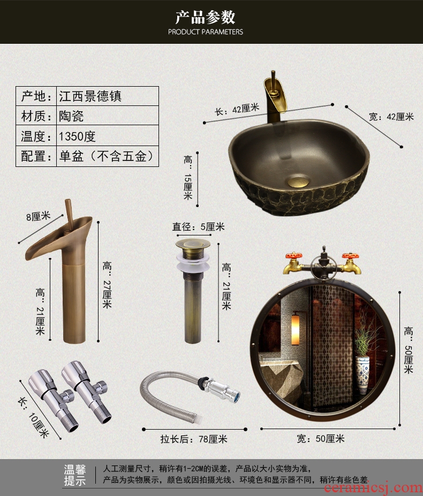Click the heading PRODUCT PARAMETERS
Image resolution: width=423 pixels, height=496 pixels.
point(206,32)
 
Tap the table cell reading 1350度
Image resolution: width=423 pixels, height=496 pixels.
point(107,136)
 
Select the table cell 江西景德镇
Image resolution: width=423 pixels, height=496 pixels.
point(107,96)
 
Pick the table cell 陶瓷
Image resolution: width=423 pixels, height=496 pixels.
point(107,116)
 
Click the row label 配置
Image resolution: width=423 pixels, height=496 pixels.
point(36,156)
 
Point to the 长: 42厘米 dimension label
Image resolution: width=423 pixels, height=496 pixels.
point(237,109)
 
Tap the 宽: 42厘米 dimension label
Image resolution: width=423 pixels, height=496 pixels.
point(391,117)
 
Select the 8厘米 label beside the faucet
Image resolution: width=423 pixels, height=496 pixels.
point(39,217)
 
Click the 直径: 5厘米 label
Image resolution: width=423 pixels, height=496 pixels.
point(199,227)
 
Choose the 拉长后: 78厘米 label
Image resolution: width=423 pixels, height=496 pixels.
point(194,439)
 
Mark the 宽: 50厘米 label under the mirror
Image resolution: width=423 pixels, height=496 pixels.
point(320,438)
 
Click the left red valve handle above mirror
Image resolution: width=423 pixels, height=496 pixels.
point(294,255)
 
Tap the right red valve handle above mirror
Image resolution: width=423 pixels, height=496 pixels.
point(350,255)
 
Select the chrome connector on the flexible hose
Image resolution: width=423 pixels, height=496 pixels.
point(219,388)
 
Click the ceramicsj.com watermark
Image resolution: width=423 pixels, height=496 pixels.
point(374,488)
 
